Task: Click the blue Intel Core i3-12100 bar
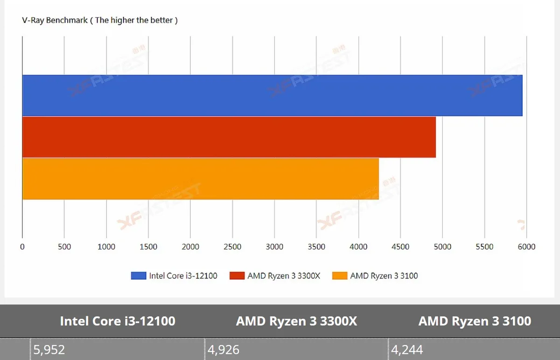(272, 96)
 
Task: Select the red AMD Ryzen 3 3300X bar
(229, 137)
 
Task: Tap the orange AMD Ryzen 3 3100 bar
(201, 179)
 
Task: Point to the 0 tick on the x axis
(22, 247)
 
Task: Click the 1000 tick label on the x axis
(106, 247)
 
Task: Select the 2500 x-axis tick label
(232, 247)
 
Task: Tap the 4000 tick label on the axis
(358, 247)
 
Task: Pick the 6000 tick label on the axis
(526, 247)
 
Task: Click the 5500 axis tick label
(484, 247)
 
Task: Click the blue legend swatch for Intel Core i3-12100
(139, 276)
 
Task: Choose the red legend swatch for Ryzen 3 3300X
(237, 276)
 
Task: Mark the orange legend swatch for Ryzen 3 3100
(340, 276)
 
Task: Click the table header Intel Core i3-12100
(118, 321)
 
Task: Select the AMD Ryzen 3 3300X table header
(296, 321)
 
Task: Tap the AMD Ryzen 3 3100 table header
(475, 321)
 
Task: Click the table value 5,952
(49, 349)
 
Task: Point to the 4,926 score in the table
(224, 349)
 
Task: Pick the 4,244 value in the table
(407, 349)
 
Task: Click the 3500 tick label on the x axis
(316, 247)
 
